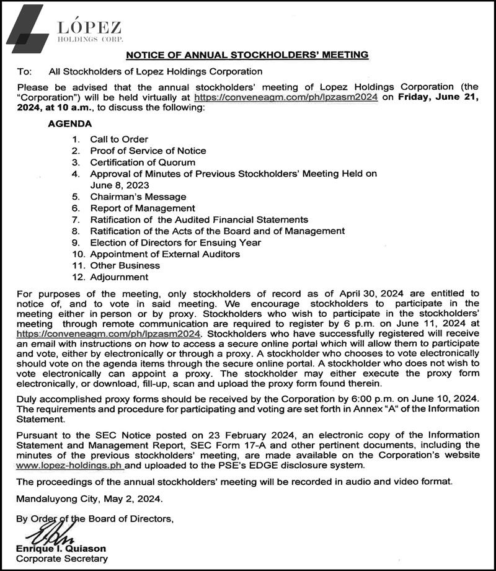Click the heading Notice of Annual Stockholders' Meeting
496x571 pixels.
point(247,55)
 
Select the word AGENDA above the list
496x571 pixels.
point(69,123)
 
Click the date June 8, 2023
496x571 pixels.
point(120,185)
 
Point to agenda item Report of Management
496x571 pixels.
point(143,208)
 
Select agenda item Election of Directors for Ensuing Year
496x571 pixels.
point(175,242)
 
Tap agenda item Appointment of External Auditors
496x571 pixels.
point(165,254)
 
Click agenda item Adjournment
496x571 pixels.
point(119,277)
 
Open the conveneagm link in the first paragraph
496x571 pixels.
point(286,98)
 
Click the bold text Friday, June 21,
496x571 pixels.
point(440,98)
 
